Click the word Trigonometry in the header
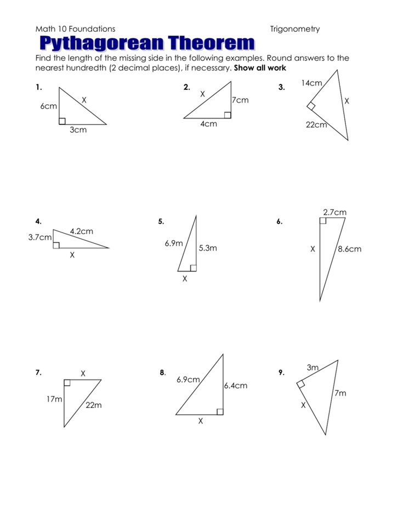[x=294, y=29]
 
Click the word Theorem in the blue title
[x=212, y=43]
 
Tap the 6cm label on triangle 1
[x=48, y=106]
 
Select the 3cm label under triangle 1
[x=78, y=130]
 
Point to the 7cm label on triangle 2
[x=240, y=100]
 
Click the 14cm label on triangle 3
[x=311, y=83]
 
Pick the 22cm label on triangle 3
[x=316, y=125]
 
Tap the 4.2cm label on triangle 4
[x=81, y=231]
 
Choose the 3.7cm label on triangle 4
[x=39, y=237]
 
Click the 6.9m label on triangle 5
[x=174, y=243]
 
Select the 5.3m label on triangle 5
[x=208, y=248]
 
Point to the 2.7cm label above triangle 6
[x=334, y=212]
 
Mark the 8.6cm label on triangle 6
[x=349, y=249]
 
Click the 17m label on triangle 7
[x=54, y=399]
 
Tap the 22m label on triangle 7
[x=93, y=405]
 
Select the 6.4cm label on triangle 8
[x=235, y=385]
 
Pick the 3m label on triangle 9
[x=313, y=368]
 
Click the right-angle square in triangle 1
[x=62, y=121]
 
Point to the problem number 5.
[x=161, y=222]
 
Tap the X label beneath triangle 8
[x=200, y=421]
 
